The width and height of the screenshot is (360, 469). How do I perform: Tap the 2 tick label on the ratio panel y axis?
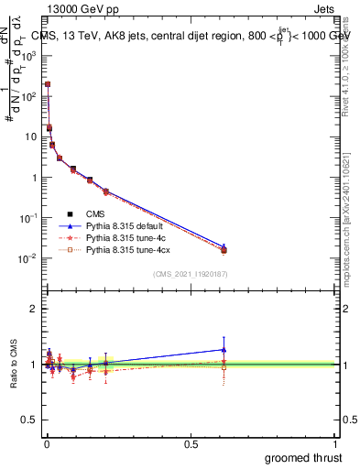(x=35, y=309)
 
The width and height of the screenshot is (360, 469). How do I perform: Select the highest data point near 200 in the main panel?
(x=48, y=84)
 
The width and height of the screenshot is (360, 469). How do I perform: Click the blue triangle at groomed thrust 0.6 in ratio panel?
(x=224, y=349)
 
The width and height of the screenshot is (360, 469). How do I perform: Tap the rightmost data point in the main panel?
(x=224, y=249)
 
